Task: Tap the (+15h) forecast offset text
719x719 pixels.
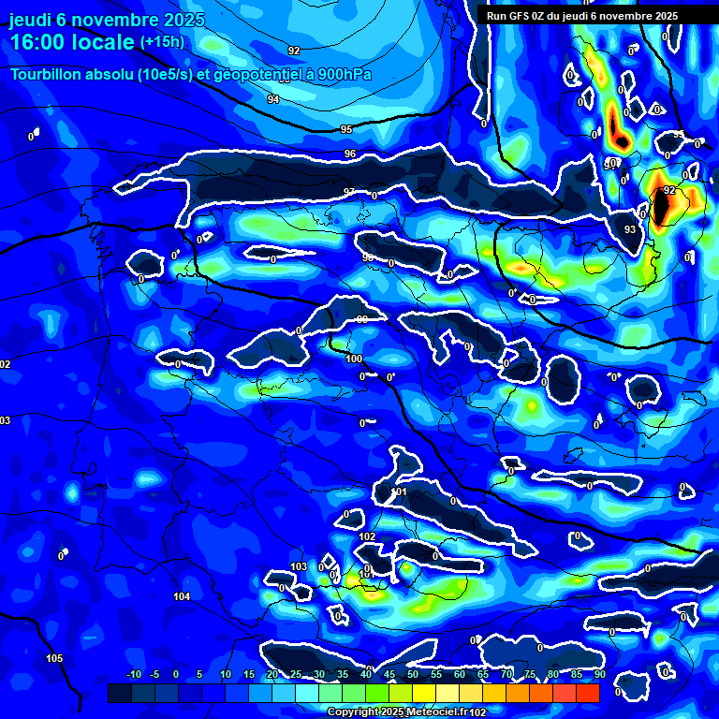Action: pyautogui.click(x=162, y=42)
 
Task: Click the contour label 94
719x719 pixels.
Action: pyautogui.click(x=273, y=99)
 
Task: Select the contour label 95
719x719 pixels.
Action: pyautogui.click(x=346, y=129)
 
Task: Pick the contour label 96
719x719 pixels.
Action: pyautogui.click(x=350, y=154)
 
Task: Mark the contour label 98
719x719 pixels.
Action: pyautogui.click(x=368, y=257)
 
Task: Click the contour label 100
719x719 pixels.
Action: pyautogui.click(x=354, y=359)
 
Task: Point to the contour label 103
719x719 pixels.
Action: pyautogui.click(x=299, y=566)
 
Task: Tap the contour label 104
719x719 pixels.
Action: pyautogui.click(x=182, y=596)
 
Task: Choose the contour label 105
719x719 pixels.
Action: pyautogui.click(x=55, y=658)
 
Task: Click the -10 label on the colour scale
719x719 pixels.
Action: pyautogui.click(x=133, y=674)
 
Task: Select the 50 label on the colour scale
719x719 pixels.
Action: pyautogui.click(x=413, y=674)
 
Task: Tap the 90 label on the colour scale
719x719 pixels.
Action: pyautogui.click(x=599, y=674)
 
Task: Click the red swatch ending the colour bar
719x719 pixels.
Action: pyautogui.click(x=587, y=693)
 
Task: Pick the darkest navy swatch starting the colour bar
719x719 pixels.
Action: pyautogui.click(x=120, y=693)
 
